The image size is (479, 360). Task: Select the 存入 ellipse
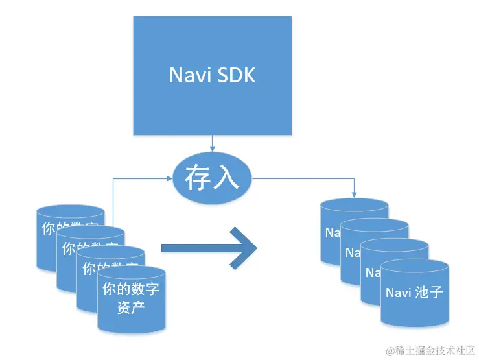212,178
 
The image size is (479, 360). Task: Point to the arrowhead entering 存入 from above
212,149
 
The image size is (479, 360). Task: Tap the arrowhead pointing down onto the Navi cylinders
354,193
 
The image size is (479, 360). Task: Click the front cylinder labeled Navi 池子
414,295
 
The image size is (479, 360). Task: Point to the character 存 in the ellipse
198,178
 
